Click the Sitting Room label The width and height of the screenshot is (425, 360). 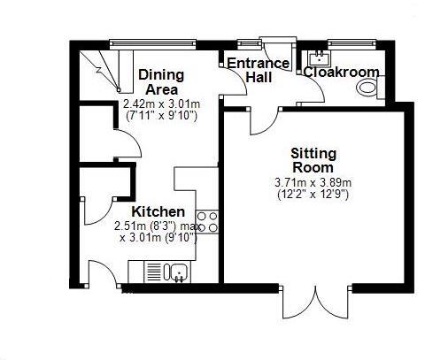pos(313,160)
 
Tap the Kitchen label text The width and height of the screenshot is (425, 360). pos(158,212)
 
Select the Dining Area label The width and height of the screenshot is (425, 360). pos(159,82)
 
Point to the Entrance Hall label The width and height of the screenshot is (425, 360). pos(258,70)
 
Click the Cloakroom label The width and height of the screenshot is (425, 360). pos(342,73)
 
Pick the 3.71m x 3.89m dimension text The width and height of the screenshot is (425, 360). pos(313,183)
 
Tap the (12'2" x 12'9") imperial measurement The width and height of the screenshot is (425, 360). pos(313,194)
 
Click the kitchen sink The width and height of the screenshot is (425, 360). pos(177,272)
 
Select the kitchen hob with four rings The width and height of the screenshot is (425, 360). pos(208,222)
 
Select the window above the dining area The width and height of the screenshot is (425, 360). pos(153,41)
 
